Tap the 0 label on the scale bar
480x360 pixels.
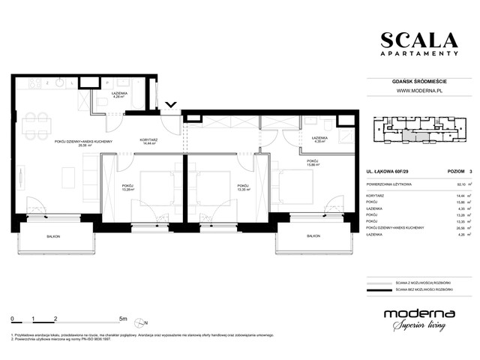tap(13, 318)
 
